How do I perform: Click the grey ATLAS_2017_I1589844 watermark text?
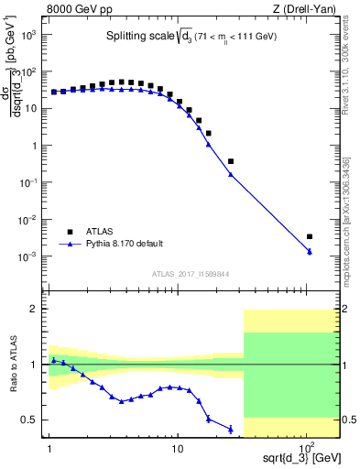[x=191, y=273]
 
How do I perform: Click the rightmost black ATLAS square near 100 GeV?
[x=310, y=236]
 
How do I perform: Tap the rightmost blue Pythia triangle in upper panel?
[x=310, y=251]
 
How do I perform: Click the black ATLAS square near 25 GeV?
[x=230, y=161]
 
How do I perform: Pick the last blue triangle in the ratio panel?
[x=230, y=429]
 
